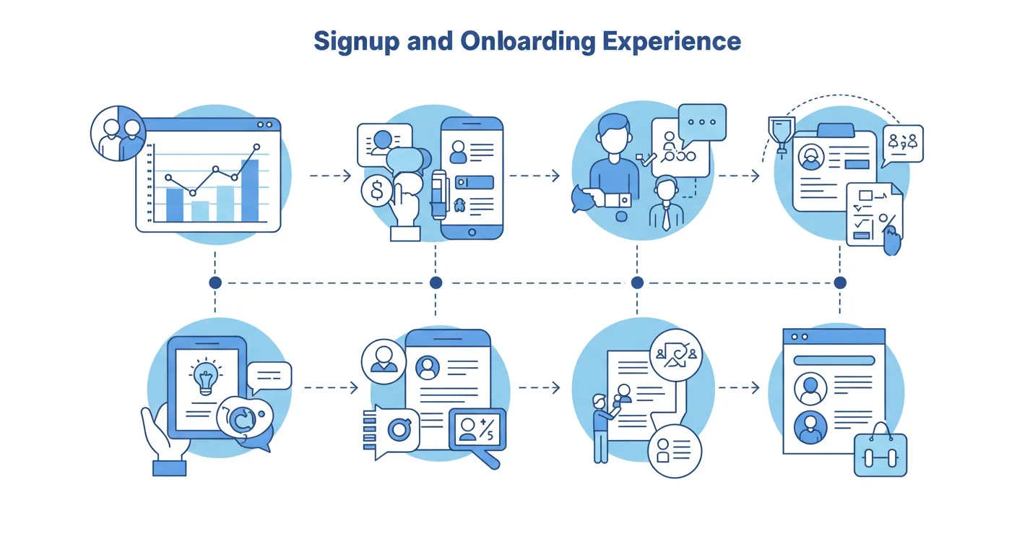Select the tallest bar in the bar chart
249,190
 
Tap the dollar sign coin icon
376,192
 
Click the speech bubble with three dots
702,123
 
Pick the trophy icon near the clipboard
781,134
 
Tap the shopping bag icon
880,454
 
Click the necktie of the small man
665,218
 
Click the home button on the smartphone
472,232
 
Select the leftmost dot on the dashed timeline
215,283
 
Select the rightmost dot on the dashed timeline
839,283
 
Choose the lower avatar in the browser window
810,428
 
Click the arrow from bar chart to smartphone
330,176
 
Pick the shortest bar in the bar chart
200,211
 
